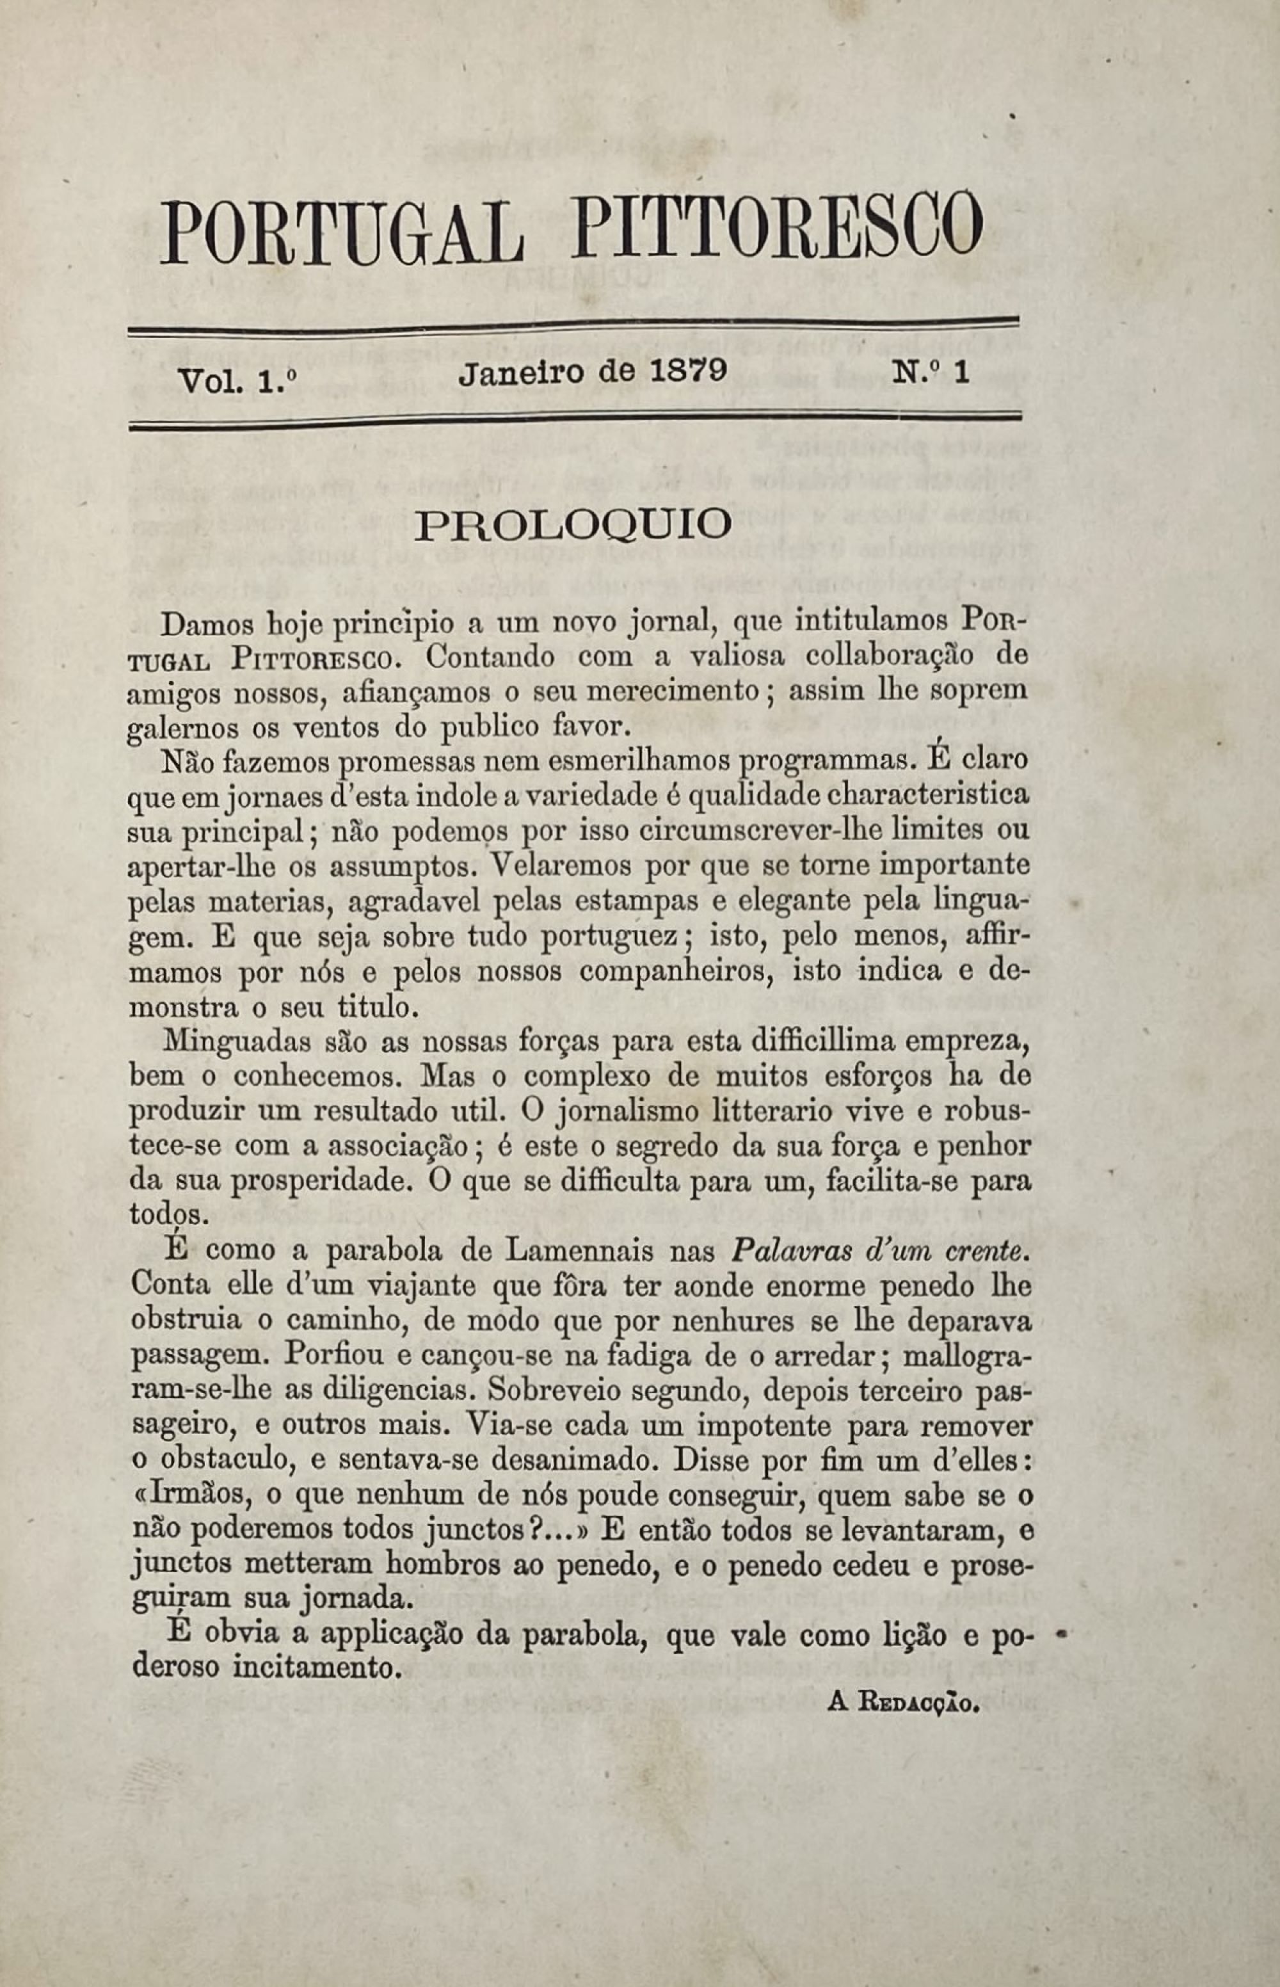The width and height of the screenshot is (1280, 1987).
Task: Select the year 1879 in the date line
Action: pos(687,371)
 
